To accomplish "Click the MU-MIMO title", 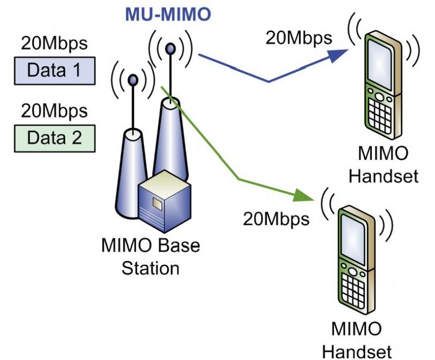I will (x=167, y=15).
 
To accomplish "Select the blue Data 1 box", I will (x=54, y=70).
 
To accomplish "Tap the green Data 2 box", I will (x=54, y=138).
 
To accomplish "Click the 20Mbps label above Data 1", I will (x=54, y=43).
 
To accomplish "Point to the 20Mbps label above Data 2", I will (x=54, y=111).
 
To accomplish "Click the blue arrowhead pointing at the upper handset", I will (x=338, y=54).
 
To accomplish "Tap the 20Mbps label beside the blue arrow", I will (x=299, y=38).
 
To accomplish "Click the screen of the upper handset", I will (x=380, y=60).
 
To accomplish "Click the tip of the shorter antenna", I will (x=132, y=80).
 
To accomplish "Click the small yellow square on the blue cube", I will (x=157, y=203).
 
